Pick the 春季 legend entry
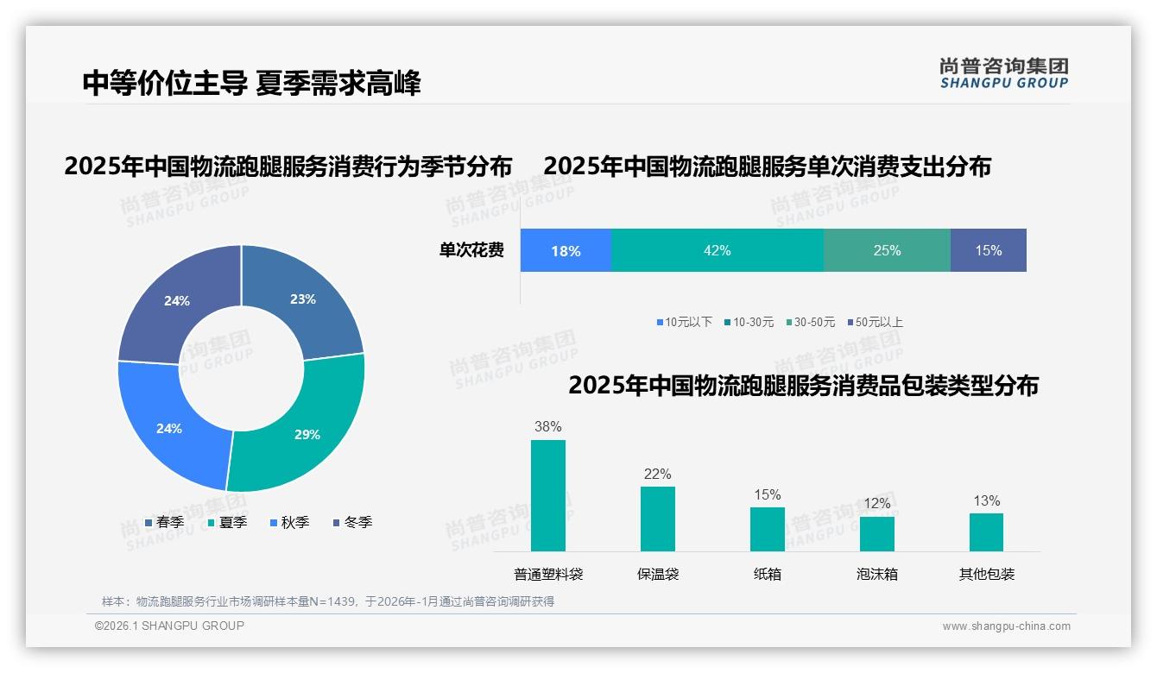(x=164, y=522)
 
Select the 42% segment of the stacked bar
(x=717, y=250)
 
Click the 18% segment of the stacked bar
(x=566, y=250)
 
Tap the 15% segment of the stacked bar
(x=988, y=250)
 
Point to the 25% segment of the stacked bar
(x=887, y=250)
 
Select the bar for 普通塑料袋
(x=547, y=495)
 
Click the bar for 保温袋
(x=657, y=519)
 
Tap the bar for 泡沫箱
(x=876, y=533)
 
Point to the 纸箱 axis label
(x=767, y=574)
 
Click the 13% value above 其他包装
(x=986, y=501)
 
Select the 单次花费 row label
(x=471, y=250)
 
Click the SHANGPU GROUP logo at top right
(x=1003, y=72)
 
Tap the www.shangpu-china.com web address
(x=1006, y=626)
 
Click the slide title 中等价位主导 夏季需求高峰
(x=251, y=84)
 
